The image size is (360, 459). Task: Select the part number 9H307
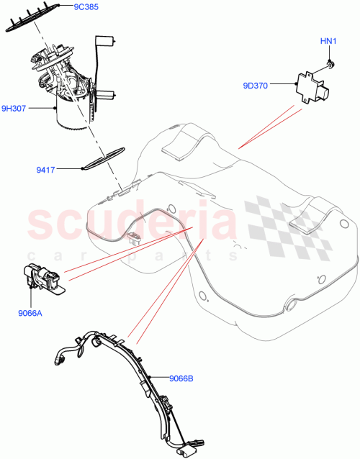14,109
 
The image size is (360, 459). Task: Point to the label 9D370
255,86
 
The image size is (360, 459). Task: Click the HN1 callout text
328,41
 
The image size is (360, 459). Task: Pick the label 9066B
182,377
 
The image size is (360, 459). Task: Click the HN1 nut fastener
328,64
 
